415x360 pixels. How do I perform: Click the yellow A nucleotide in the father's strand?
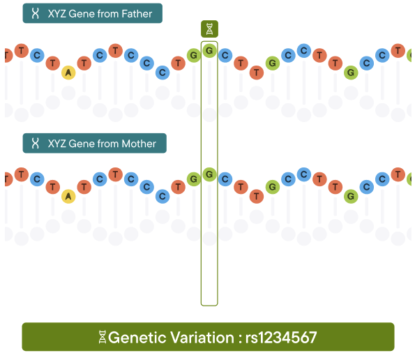(68, 73)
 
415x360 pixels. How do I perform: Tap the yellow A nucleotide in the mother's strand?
(68, 196)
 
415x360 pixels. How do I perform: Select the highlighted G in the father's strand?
(209, 50)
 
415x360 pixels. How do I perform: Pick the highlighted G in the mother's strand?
(209, 174)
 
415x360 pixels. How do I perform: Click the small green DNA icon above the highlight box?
(209, 29)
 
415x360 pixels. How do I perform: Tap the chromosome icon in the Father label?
(35, 13)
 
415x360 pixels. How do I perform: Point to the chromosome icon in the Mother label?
(35, 143)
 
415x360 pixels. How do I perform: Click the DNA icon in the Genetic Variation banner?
(102, 337)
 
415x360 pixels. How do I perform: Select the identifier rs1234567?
(281, 337)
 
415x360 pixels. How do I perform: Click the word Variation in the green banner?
(202, 337)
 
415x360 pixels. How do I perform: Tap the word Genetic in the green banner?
(137, 337)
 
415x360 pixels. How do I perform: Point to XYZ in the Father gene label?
(57, 13)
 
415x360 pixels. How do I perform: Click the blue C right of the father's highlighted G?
(225, 55)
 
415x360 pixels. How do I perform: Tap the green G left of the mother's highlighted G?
(194, 179)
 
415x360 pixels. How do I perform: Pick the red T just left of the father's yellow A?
(53, 63)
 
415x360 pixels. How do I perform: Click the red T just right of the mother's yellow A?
(84, 187)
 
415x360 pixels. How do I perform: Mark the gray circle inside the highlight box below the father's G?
(209, 114)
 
